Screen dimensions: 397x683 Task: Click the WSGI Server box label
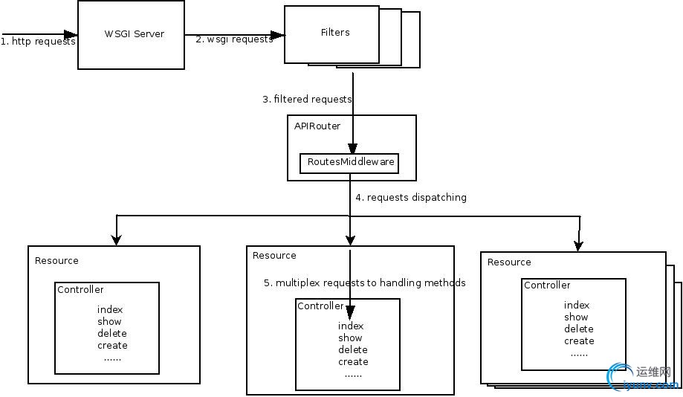coord(134,34)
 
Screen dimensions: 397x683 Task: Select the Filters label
coord(335,33)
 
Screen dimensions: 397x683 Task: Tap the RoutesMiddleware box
coord(349,163)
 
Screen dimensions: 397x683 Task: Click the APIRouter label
coord(317,126)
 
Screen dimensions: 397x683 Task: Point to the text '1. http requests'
coord(38,42)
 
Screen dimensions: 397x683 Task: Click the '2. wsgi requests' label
coord(234,39)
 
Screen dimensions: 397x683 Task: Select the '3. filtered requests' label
coord(307,99)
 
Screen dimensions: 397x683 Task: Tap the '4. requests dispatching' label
coord(411,198)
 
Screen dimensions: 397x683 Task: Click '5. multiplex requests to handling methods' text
coord(365,283)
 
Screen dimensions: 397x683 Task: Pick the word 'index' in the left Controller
coord(110,310)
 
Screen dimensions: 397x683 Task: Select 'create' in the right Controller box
coord(579,341)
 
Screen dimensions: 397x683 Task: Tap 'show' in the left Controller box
coord(109,322)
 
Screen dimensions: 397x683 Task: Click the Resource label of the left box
coord(56,261)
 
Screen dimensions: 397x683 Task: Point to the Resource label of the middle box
coord(274,256)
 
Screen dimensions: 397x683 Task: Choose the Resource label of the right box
coord(509,262)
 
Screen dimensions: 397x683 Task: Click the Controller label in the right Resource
coord(547,285)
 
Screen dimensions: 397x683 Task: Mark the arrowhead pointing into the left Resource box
coord(116,239)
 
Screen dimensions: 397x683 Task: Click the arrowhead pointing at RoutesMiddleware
coord(352,149)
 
